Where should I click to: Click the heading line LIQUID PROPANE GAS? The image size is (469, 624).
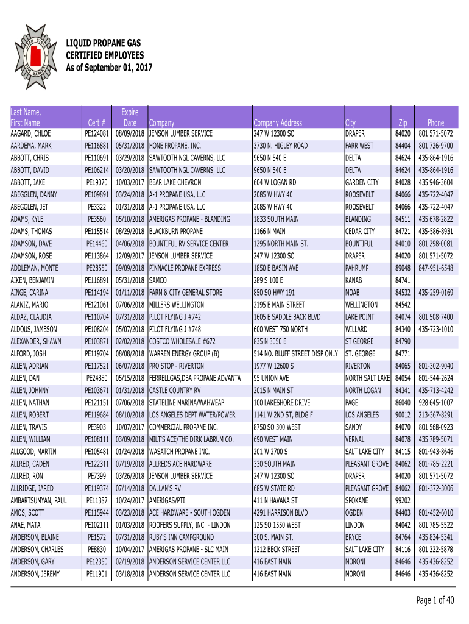click(103, 44)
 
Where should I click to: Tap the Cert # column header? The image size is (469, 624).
click(97, 122)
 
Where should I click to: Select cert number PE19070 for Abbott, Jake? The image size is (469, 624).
click(97, 182)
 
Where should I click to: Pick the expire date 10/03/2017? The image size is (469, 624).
click(129, 182)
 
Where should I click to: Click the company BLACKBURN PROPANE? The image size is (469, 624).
click(179, 232)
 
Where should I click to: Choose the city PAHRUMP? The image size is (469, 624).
click(359, 268)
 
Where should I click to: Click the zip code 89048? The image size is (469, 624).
click(403, 268)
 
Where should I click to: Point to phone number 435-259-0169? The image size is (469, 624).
click(435, 292)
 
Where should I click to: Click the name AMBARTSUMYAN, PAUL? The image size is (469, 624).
click(39, 500)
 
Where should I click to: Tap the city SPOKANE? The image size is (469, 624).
click(358, 500)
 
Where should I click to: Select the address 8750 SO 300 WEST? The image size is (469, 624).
click(277, 427)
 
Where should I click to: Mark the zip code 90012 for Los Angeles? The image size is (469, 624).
click(403, 415)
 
